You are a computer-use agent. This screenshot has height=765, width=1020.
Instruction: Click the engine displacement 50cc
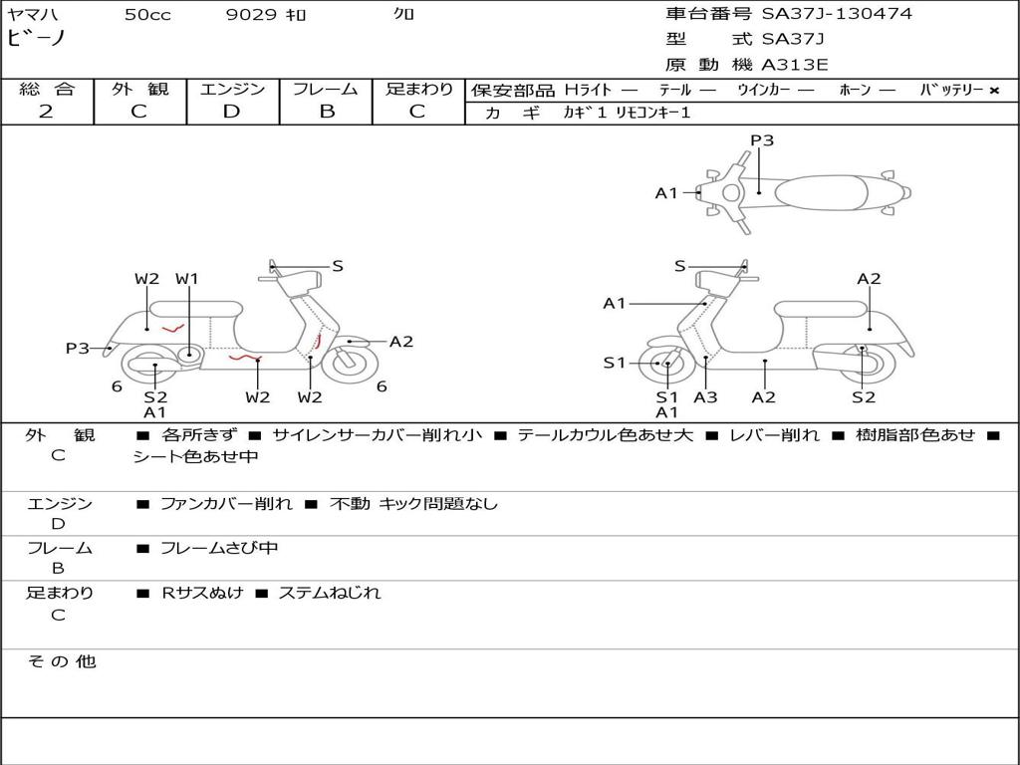147,15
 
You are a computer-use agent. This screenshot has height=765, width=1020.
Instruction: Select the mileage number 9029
251,15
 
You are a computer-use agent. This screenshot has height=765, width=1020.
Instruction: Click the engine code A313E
795,66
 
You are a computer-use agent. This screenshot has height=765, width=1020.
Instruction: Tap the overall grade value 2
46,112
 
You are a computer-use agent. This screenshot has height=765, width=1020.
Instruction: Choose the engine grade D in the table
232,112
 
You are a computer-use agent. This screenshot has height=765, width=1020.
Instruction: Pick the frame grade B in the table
326,112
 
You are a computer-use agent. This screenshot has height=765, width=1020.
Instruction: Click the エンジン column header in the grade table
232,90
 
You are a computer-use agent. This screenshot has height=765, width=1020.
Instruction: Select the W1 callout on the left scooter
187,279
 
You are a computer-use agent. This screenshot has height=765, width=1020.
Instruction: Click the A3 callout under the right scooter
705,397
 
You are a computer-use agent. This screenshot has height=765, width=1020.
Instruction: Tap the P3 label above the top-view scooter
762,140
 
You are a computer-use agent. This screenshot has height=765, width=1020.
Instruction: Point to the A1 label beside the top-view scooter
666,193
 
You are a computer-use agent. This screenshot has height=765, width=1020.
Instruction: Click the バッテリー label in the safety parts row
951,91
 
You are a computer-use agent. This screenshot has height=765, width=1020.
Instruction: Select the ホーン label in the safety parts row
855,91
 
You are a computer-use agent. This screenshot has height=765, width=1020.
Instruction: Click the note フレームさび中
219,548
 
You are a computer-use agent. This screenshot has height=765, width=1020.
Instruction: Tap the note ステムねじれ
329,593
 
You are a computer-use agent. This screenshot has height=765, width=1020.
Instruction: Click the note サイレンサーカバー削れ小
378,435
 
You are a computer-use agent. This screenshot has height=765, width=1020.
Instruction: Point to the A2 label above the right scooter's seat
869,279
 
